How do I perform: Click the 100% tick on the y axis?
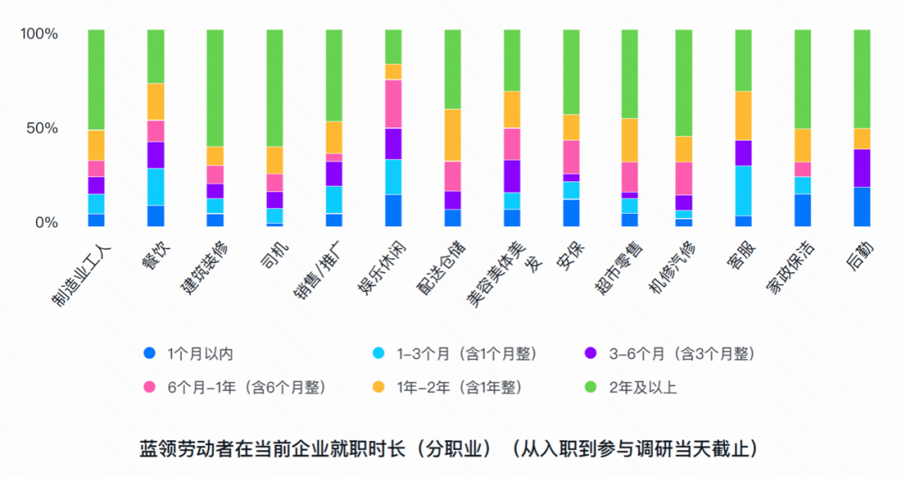(x=39, y=34)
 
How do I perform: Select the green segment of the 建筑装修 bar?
(x=216, y=88)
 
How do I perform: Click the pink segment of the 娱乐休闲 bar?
(x=393, y=104)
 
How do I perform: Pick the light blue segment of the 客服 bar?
(x=743, y=190)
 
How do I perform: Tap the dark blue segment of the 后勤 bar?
(x=862, y=206)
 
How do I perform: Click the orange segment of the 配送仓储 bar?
(x=453, y=135)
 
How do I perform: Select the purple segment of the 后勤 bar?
(x=862, y=168)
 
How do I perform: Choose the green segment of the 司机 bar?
(x=274, y=88)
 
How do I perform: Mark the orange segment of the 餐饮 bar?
(x=156, y=101)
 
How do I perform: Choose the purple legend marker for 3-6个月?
(x=591, y=354)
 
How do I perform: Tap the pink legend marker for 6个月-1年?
(x=150, y=387)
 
